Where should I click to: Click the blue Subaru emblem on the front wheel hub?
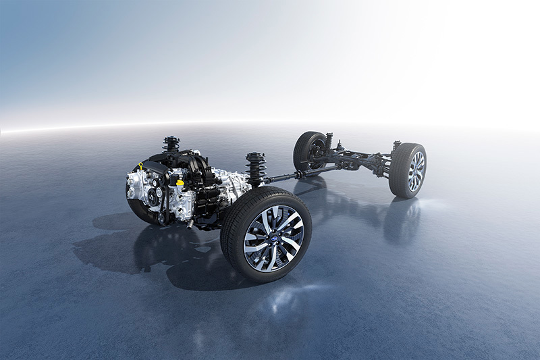tap(273, 238)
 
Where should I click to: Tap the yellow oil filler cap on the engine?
tap(180, 182)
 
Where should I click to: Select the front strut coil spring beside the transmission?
tap(255, 168)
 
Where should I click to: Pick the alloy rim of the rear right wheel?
tap(416, 172)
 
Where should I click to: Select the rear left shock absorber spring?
tap(329, 141)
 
